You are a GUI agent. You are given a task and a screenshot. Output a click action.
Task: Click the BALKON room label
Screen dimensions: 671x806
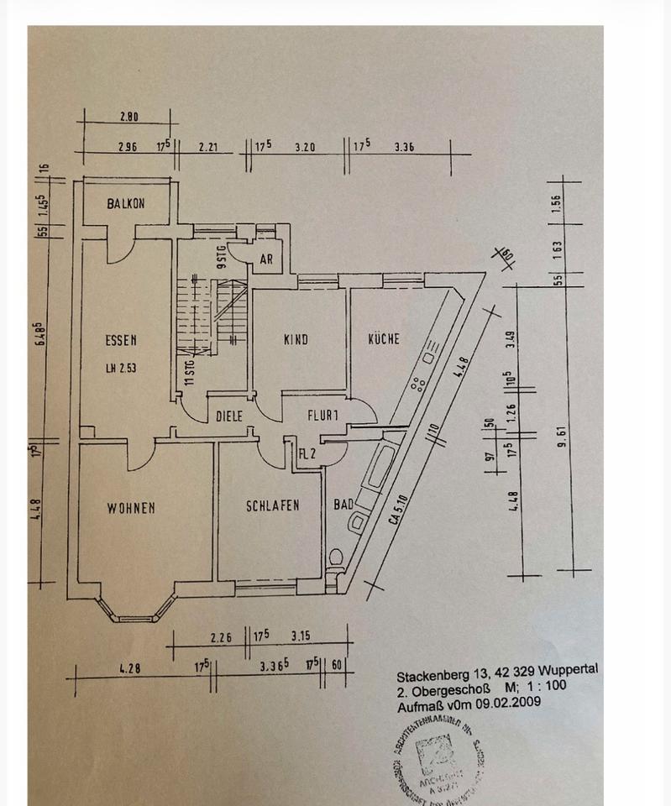(x=126, y=203)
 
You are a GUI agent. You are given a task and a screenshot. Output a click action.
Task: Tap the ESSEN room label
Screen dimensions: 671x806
(x=121, y=341)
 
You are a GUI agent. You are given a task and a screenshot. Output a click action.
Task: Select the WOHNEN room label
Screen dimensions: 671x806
(x=130, y=508)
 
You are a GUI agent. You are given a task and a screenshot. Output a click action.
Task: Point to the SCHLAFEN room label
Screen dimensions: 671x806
(x=272, y=505)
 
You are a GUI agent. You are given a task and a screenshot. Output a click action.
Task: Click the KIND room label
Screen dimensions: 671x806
(x=296, y=339)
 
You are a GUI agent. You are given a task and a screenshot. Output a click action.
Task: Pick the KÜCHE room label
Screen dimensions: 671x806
(x=383, y=339)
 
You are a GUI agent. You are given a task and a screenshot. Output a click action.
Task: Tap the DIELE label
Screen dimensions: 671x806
(x=229, y=415)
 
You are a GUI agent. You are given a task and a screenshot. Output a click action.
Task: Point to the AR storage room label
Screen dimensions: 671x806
(x=266, y=259)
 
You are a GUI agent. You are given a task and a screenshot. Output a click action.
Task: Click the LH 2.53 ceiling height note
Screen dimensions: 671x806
(x=121, y=368)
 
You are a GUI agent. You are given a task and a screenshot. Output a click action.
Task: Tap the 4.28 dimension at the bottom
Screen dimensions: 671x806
(x=129, y=669)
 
